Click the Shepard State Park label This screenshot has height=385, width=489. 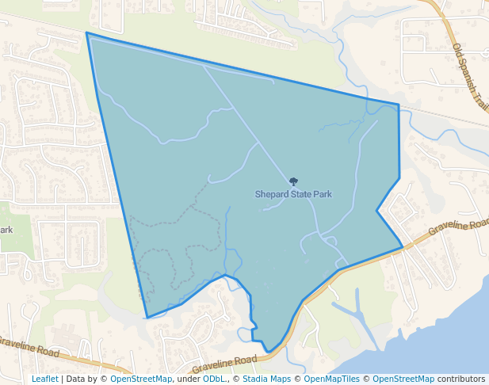(293, 194)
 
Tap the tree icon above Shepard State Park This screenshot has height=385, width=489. (294, 182)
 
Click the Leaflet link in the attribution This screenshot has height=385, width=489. (44, 379)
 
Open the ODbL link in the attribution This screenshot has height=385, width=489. (213, 379)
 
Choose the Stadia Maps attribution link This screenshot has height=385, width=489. (266, 379)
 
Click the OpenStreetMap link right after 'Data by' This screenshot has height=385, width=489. (141, 379)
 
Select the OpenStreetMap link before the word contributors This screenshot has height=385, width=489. (403, 379)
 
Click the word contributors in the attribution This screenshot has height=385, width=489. (461, 379)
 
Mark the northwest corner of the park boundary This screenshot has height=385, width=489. (86, 33)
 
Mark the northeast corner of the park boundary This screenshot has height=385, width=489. (399, 105)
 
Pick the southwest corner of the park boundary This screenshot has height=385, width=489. (147, 318)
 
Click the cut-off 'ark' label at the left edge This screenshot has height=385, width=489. (6, 230)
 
